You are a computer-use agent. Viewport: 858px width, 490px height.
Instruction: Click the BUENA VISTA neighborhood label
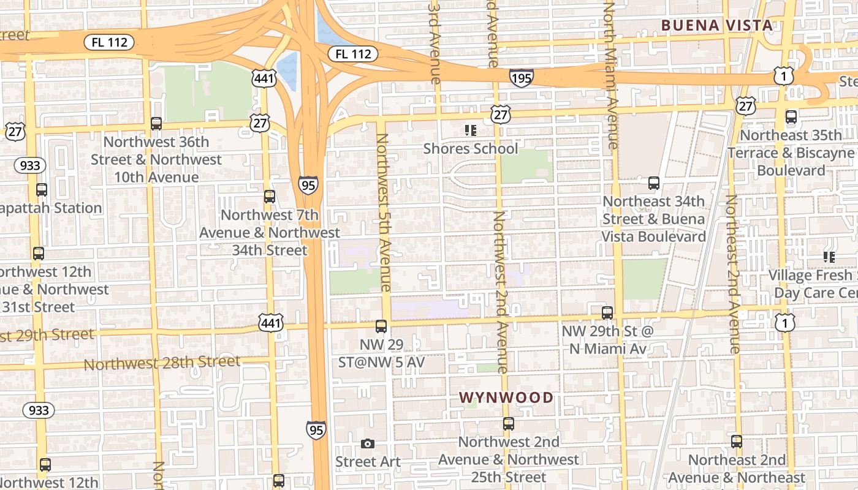pos(716,25)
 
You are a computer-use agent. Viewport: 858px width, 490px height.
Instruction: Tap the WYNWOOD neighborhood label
pos(506,398)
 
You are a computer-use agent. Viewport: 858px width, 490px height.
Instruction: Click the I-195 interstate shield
pos(521,78)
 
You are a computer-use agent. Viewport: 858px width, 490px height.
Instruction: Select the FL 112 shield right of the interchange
pos(353,54)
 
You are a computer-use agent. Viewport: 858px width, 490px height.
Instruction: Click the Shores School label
pos(470,148)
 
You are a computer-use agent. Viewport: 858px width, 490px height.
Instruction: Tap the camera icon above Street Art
pos(368,443)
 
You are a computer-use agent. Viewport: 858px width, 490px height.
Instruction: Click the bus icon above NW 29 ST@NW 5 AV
pos(381,326)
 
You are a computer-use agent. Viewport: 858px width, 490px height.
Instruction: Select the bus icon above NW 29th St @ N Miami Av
pos(607,313)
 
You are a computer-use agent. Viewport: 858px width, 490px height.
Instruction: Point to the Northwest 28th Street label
pos(162,363)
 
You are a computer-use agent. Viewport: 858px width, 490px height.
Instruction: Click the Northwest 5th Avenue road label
pos(384,212)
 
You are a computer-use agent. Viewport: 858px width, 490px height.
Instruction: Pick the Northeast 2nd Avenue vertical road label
pos(733,274)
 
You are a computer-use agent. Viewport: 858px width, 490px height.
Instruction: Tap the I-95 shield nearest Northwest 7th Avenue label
pos(309,184)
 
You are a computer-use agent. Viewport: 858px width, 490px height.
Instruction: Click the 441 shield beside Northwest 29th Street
pos(271,323)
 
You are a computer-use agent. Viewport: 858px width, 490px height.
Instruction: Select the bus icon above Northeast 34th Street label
pos(654,183)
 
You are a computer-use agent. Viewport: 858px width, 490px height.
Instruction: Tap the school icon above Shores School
pos(470,130)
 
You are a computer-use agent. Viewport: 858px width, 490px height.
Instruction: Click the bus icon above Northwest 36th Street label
pos(156,124)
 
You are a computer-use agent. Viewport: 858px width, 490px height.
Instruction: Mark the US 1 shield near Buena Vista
pos(783,76)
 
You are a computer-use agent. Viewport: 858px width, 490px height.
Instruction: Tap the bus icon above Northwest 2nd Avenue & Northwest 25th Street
pos(508,423)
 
